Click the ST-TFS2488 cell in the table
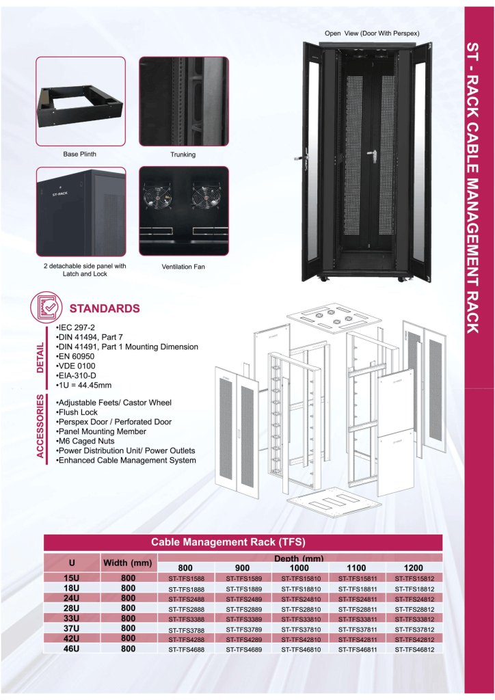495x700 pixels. (x=186, y=599)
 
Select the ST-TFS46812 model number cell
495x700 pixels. (x=414, y=649)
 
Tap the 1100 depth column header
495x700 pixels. (x=356, y=568)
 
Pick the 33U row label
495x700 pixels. (x=71, y=618)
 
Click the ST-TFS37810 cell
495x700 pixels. (x=301, y=630)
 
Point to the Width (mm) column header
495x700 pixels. (x=128, y=563)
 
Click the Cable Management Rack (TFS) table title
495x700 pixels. (x=228, y=542)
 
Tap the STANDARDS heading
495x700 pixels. (x=105, y=308)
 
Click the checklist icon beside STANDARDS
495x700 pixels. (x=46, y=307)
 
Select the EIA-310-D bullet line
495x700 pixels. (x=76, y=375)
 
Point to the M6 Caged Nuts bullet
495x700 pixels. (x=85, y=441)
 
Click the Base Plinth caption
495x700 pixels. (x=79, y=154)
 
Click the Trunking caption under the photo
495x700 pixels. (x=183, y=154)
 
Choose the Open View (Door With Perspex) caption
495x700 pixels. (x=372, y=33)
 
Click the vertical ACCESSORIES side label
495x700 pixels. (x=40, y=426)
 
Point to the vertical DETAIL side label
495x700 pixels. (x=40, y=358)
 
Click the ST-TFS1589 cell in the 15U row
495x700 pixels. (x=243, y=578)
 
